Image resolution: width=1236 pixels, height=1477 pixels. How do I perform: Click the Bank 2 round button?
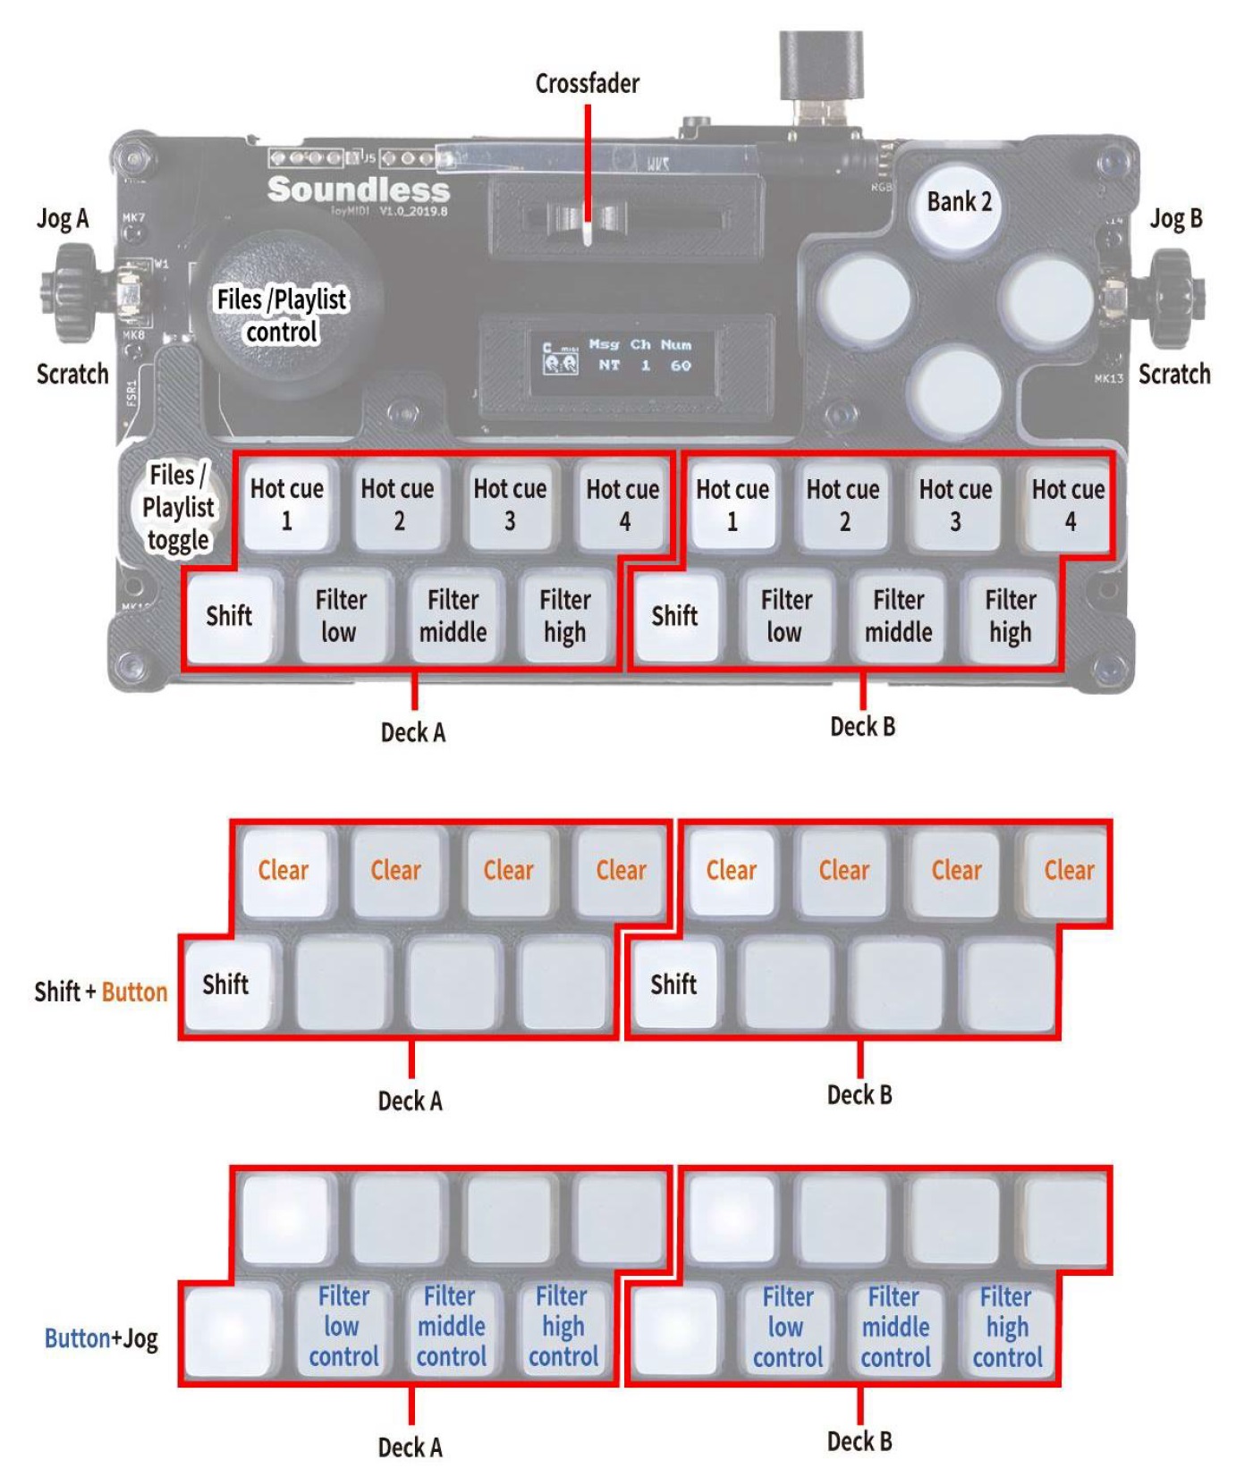[959, 205]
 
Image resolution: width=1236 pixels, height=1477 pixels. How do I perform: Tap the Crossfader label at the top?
[588, 83]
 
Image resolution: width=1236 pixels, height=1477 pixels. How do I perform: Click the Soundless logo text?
[358, 190]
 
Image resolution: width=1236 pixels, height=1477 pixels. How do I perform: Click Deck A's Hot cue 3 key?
[509, 505]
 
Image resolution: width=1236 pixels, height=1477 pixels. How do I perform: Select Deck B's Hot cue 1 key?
[732, 505]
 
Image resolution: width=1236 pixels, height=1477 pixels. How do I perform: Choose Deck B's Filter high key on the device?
[1010, 617]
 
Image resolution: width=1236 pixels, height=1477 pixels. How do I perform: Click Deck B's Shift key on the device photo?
[674, 617]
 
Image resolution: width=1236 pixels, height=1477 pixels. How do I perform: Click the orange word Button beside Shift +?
[134, 992]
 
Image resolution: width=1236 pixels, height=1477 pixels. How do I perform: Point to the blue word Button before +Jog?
[76, 1338]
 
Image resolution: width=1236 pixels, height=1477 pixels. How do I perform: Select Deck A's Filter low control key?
[343, 1327]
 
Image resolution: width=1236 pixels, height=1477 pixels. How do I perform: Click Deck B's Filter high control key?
[1007, 1328]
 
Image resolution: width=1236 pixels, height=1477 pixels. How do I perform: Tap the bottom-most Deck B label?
[859, 1441]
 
